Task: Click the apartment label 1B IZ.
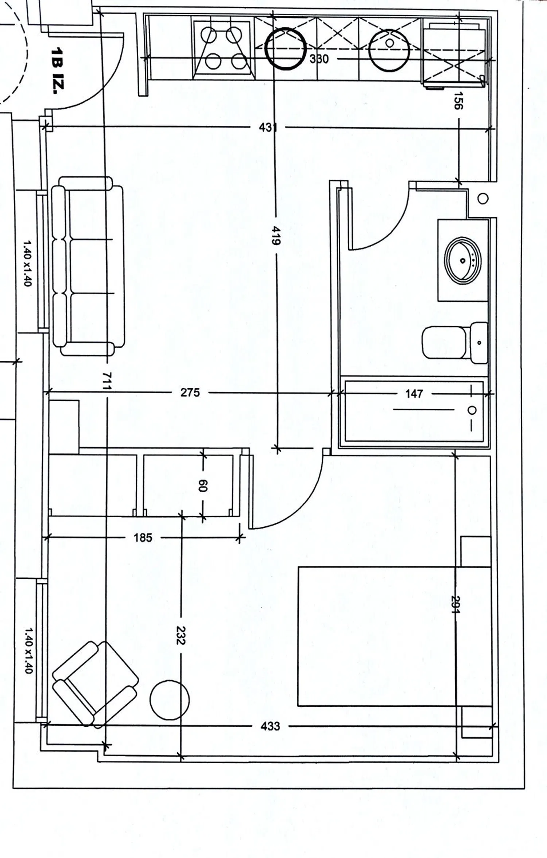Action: [x=58, y=70]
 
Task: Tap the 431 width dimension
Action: [x=268, y=128]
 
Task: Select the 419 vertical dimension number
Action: [x=276, y=235]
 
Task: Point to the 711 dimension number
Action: [x=106, y=381]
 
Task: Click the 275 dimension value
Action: [x=190, y=392]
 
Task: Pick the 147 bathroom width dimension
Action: [x=414, y=393]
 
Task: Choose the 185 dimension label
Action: [x=143, y=538]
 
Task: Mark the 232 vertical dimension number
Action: [x=181, y=635]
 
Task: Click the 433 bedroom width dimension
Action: [x=270, y=726]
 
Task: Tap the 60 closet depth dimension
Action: [x=203, y=485]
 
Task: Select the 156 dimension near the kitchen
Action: [x=458, y=101]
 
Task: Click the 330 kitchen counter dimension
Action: [x=319, y=59]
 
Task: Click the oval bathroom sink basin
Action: [x=463, y=260]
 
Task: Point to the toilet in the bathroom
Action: [x=455, y=343]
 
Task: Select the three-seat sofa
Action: [x=88, y=266]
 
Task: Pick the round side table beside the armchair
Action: [x=170, y=700]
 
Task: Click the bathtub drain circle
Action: [x=472, y=410]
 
